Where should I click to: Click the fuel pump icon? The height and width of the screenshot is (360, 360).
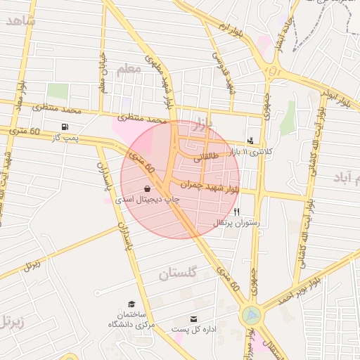[x=65, y=127]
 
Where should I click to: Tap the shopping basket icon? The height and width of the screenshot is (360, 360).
[x=147, y=188]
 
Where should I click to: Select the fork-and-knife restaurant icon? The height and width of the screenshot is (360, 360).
[x=237, y=212]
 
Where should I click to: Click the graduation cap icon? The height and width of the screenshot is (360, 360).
[x=131, y=304]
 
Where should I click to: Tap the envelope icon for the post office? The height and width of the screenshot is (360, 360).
[x=193, y=319]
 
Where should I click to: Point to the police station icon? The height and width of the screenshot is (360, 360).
[x=250, y=141]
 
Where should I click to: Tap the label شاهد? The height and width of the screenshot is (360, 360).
[x=20, y=20]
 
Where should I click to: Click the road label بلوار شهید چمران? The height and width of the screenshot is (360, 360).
[x=210, y=186]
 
